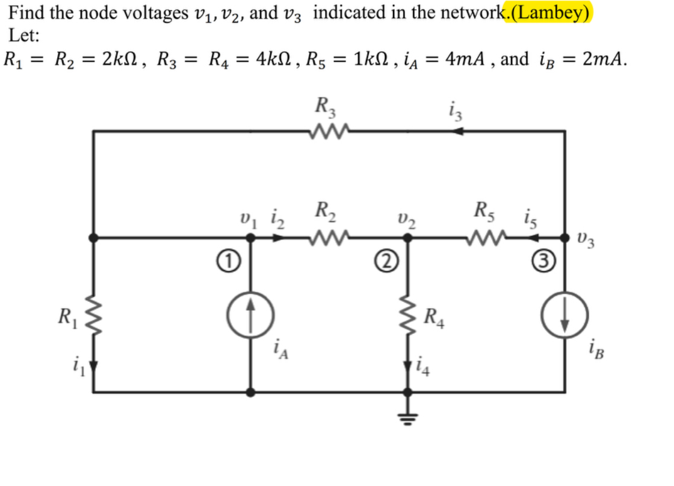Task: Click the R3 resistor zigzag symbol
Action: (327, 130)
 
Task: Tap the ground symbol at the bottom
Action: (407, 410)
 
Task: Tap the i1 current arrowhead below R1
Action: (93, 366)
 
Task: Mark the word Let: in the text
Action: (25, 36)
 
